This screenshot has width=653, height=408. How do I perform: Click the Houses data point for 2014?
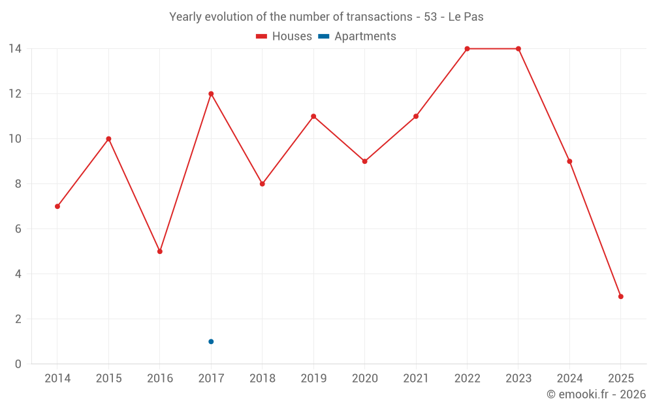(x=57, y=206)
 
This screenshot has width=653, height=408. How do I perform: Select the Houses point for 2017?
(x=211, y=93)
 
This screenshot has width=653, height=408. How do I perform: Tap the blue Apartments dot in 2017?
(x=211, y=341)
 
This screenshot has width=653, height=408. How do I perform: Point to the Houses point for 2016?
(x=160, y=251)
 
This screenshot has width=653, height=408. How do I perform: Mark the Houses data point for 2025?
(x=620, y=296)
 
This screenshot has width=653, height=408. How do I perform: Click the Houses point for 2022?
(x=467, y=49)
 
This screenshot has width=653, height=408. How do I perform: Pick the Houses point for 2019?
(x=313, y=116)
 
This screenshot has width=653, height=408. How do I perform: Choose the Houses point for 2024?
(x=569, y=161)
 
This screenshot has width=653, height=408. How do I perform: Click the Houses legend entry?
(x=284, y=37)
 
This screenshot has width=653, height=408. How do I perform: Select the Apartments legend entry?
(x=358, y=37)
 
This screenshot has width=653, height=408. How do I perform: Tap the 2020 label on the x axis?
(x=364, y=378)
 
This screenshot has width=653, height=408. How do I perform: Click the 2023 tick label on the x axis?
(x=518, y=378)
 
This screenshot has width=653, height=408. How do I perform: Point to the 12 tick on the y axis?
(x=15, y=94)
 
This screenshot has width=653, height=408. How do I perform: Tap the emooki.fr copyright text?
(x=596, y=394)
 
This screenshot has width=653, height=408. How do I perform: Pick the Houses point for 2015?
(x=108, y=138)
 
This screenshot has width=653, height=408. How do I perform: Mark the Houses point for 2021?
(x=416, y=116)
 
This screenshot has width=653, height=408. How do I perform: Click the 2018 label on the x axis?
(x=262, y=378)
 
